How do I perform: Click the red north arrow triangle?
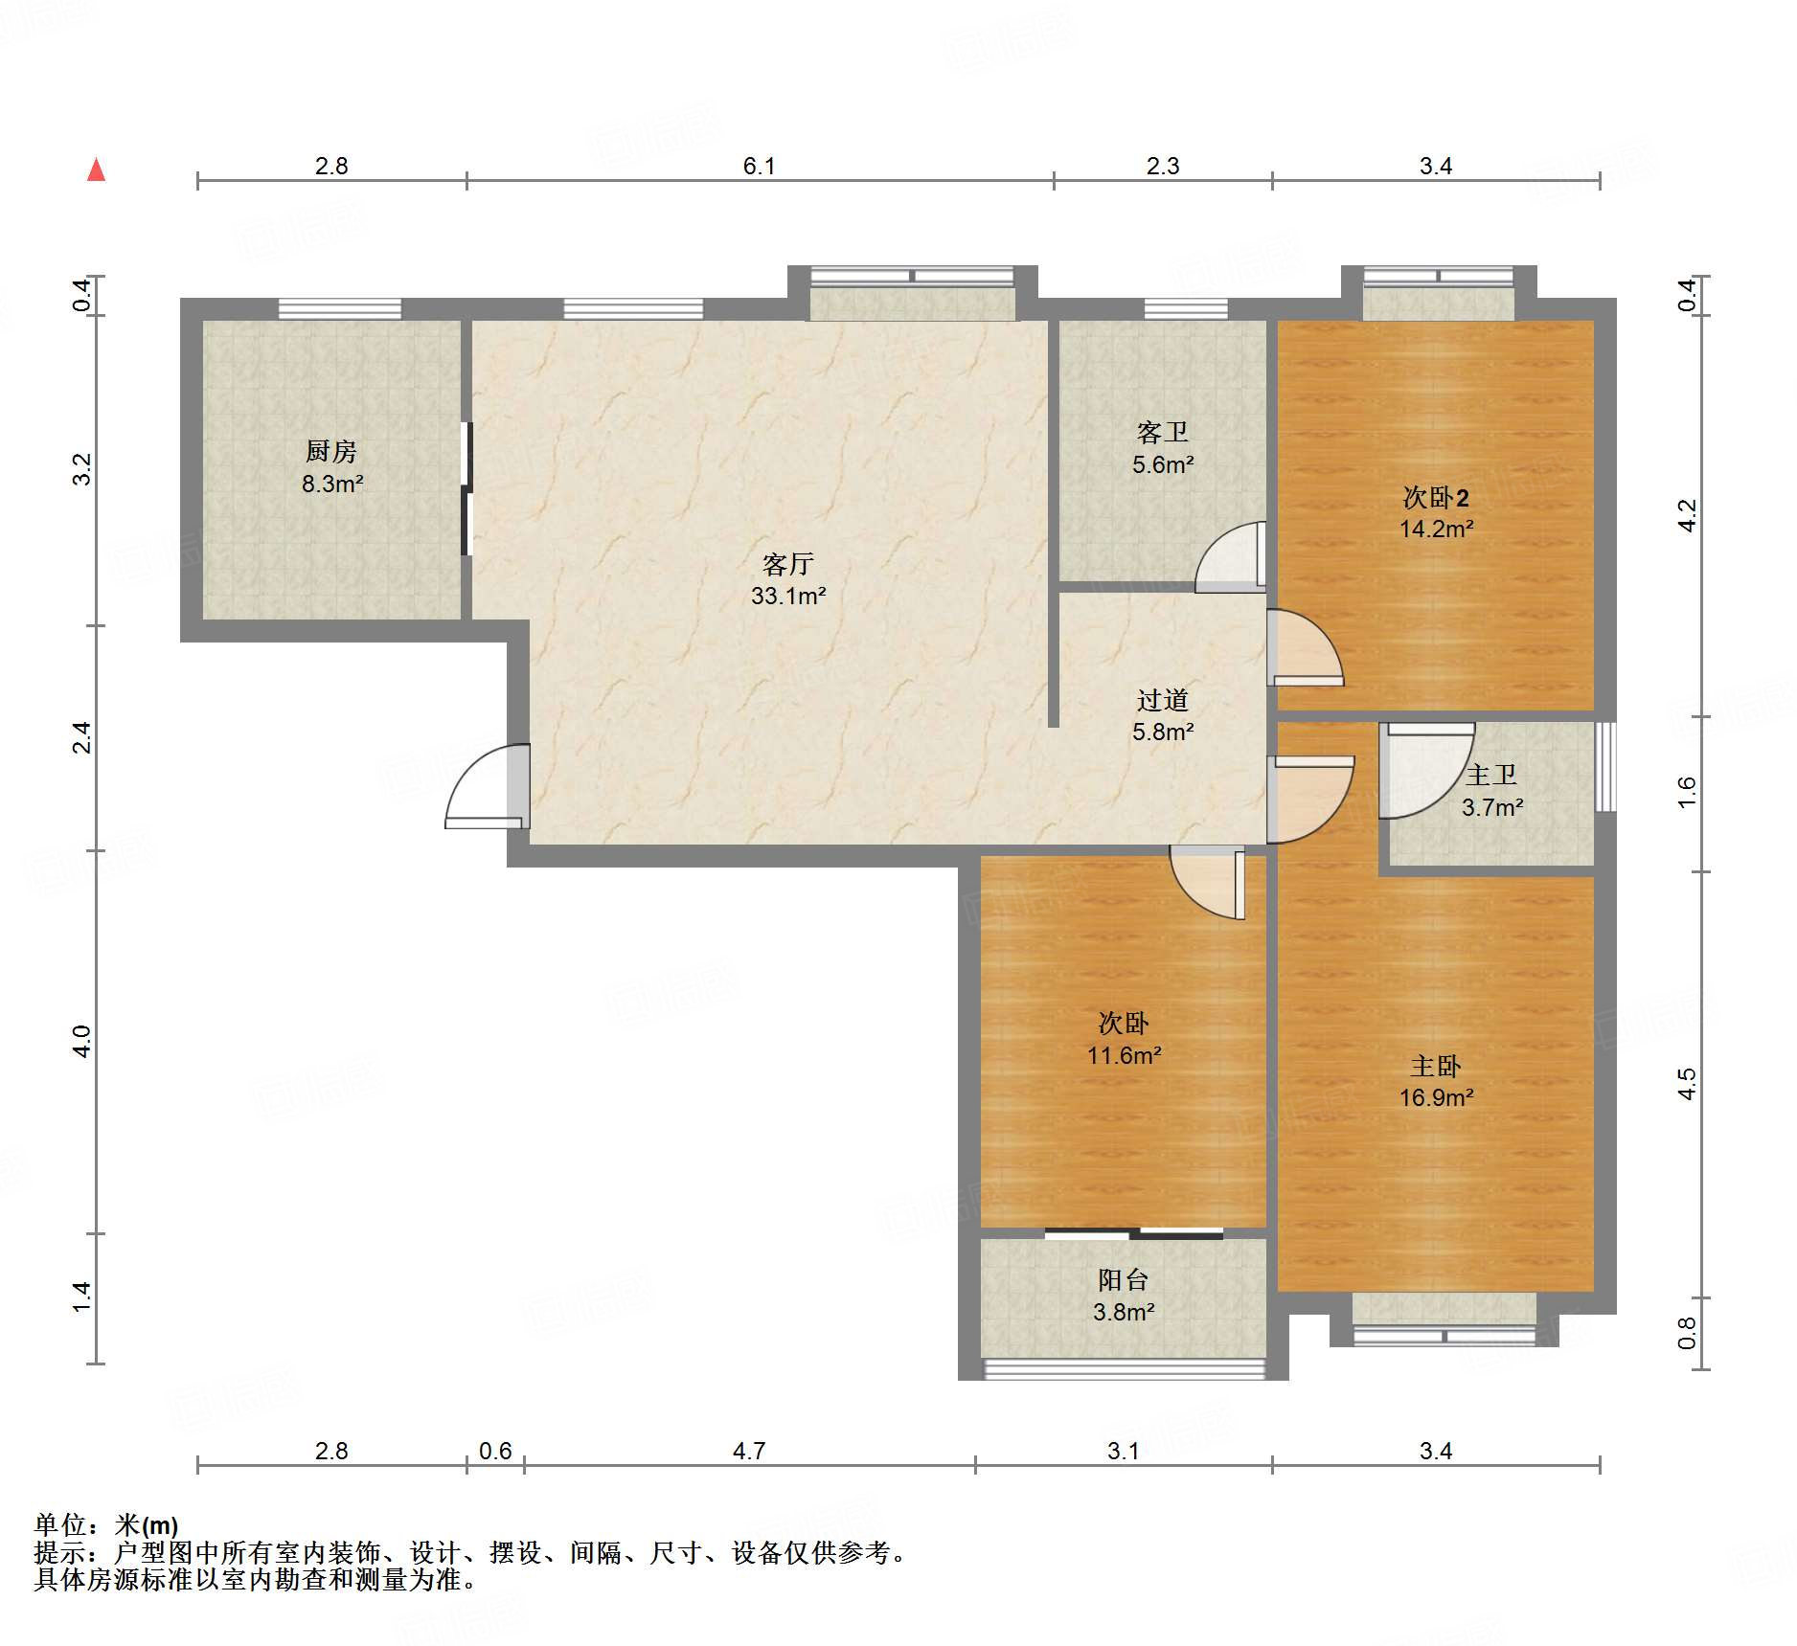(x=96, y=169)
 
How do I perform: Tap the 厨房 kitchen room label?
(x=331, y=451)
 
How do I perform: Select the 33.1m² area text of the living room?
(x=788, y=596)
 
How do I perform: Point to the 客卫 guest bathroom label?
(x=1163, y=433)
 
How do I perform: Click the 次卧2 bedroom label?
(x=1436, y=497)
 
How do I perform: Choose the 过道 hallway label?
(x=1163, y=700)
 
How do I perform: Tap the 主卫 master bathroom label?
(x=1491, y=775)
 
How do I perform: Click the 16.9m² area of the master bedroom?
(x=1437, y=1097)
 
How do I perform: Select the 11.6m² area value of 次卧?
(x=1125, y=1055)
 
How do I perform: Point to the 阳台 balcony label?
(x=1123, y=1280)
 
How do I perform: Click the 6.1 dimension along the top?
(x=759, y=167)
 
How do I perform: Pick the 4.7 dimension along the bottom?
(x=749, y=1452)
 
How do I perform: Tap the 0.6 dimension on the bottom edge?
(x=495, y=1452)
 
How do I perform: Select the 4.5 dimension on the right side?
(x=1687, y=1084)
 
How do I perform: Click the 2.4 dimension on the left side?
(x=82, y=737)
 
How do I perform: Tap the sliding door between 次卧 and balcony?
(x=1134, y=1233)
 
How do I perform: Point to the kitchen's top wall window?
(x=340, y=308)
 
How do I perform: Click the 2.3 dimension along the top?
(x=1163, y=167)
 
